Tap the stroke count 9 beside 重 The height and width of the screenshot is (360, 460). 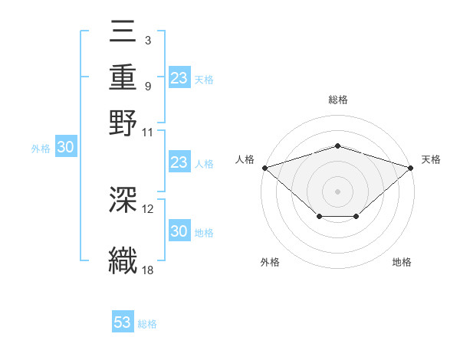(x=147, y=86)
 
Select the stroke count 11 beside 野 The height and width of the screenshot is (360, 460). (x=148, y=131)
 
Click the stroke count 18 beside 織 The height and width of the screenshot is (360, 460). (x=148, y=269)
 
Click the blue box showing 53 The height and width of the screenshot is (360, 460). (x=123, y=322)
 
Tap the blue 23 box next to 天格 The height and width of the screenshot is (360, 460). (x=179, y=78)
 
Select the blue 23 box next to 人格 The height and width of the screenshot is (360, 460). (x=179, y=162)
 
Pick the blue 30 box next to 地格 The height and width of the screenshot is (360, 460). (x=179, y=231)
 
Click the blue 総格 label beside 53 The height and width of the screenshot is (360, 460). (x=148, y=324)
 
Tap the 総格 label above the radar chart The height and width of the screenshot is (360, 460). (x=337, y=100)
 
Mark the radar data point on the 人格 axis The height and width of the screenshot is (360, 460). (x=264, y=167)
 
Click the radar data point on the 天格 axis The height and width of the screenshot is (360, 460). (x=411, y=167)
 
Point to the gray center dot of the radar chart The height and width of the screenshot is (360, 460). (x=337, y=191)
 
